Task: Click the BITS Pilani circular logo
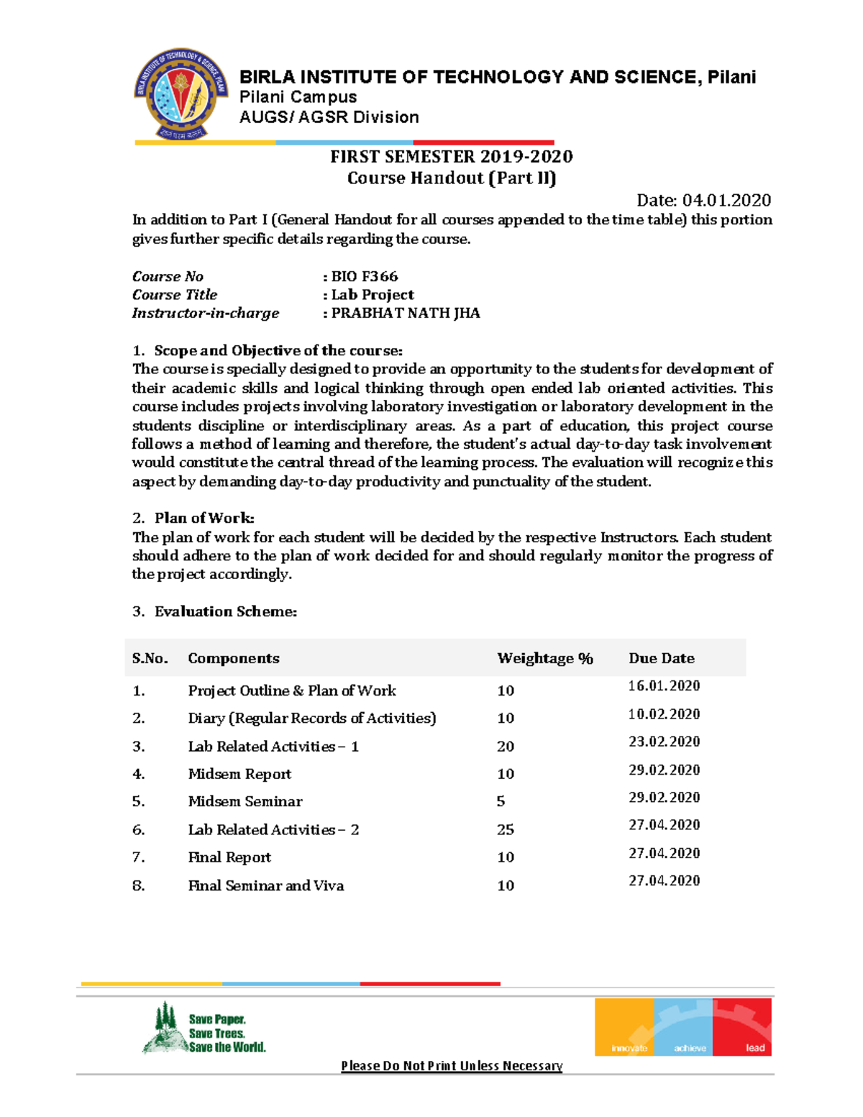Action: (x=181, y=94)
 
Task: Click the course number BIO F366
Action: (x=364, y=276)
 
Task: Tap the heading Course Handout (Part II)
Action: (x=452, y=178)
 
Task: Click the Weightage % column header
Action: (x=545, y=658)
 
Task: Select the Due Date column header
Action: (x=662, y=658)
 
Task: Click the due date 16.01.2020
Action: (x=664, y=685)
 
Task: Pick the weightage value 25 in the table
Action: (x=506, y=829)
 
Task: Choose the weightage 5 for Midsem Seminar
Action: (x=501, y=801)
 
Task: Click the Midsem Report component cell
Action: (x=239, y=774)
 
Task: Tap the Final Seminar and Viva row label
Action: (x=266, y=885)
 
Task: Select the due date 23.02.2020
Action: (x=664, y=742)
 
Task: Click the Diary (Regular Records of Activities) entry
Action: (x=312, y=718)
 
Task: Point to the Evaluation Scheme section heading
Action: (x=225, y=611)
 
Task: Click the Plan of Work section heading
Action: (x=204, y=518)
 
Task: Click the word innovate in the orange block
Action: (x=629, y=1048)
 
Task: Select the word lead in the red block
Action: (x=755, y=1048)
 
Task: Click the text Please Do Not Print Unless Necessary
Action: (x=452, y=1065)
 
